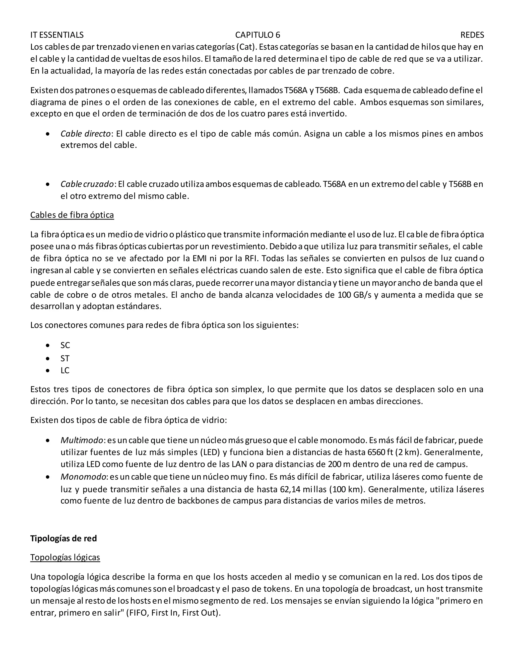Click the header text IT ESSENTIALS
(57, 35)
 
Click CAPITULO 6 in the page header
(258, 35)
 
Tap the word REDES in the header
(472, 35)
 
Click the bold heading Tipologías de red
(63, 538)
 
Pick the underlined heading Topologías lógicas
(65, 557)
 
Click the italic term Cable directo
(85, 134)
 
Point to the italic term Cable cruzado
(87, 184)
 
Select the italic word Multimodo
(82, 440)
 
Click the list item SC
(65, 345)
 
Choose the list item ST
(65, 359)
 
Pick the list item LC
(65, 370)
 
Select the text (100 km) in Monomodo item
(347, 489)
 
